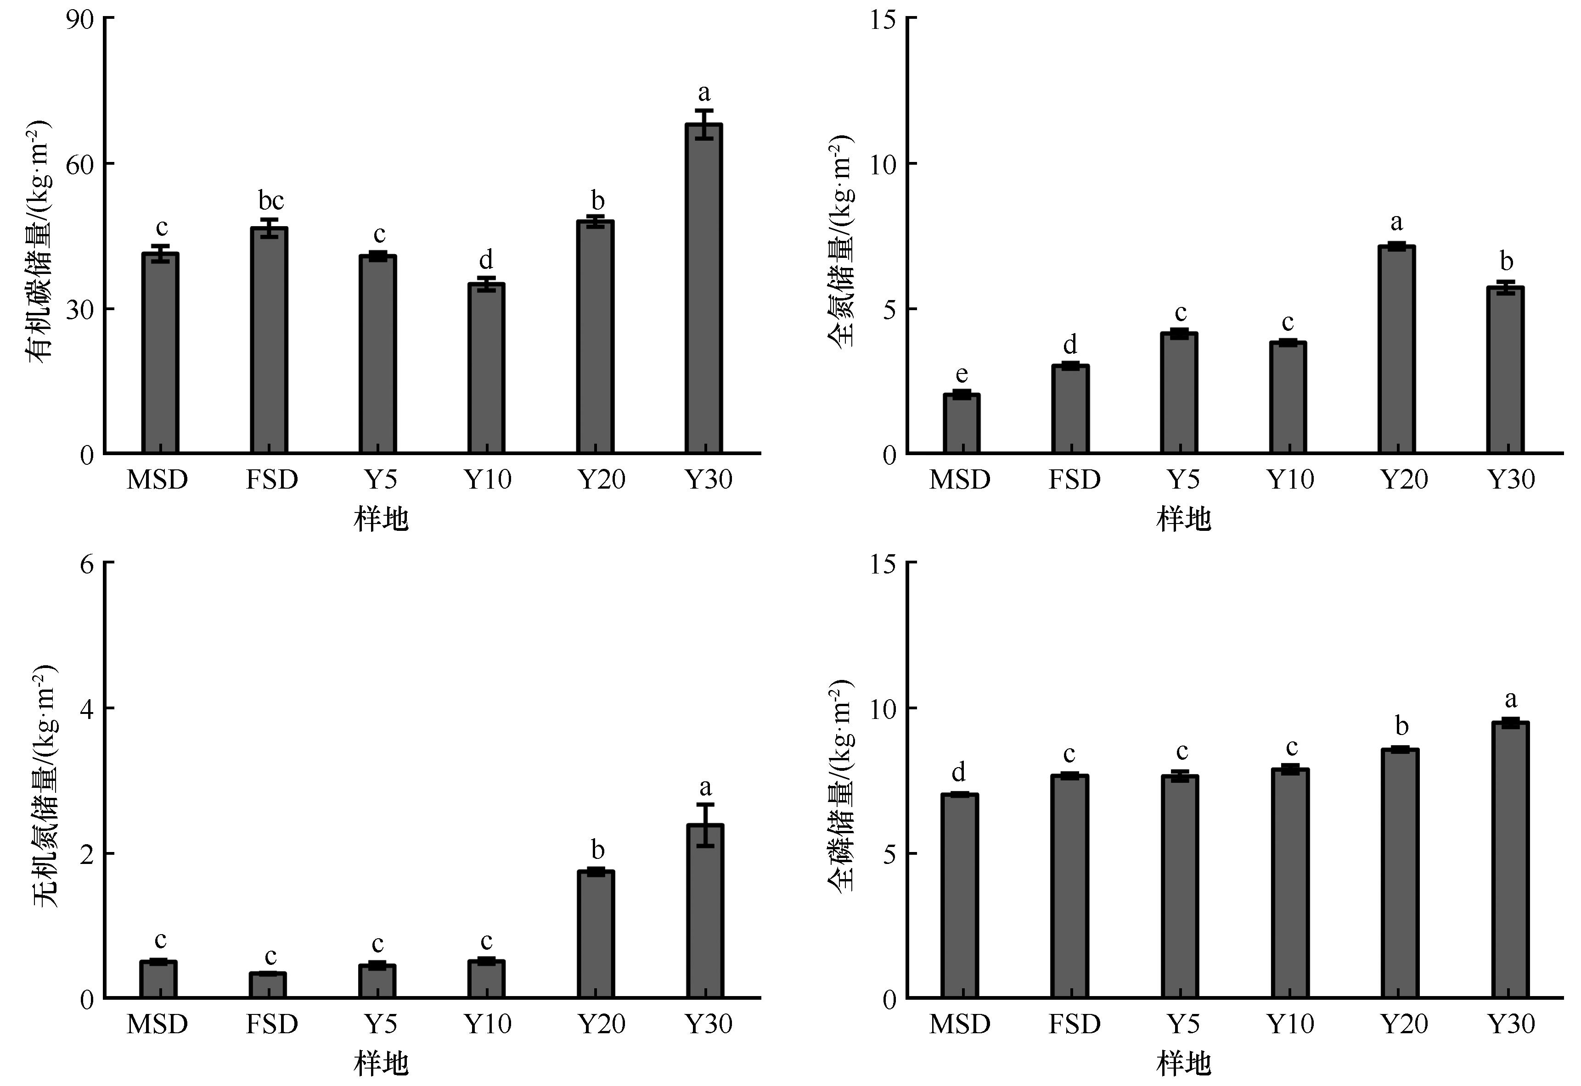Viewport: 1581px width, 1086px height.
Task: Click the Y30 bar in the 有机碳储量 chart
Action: click(703, 289)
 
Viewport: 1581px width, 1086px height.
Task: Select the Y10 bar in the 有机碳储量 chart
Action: click(486, 368)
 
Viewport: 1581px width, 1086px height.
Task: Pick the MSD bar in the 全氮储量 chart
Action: click(961, 423)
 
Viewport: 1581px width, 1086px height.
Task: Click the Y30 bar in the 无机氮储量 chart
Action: click(705, 911)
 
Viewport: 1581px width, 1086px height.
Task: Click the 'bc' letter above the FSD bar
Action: click(271, 201)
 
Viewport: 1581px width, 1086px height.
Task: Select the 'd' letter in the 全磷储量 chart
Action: click(958, 772)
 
